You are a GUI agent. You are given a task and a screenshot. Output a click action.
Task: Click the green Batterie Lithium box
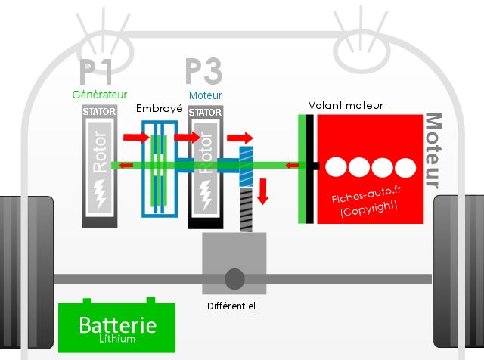point(116,327)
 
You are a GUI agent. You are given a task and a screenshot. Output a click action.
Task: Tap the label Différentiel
point(231,306)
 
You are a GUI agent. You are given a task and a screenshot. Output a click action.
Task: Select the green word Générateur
point(100,95)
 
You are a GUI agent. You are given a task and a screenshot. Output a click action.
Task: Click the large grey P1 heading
point(95,72)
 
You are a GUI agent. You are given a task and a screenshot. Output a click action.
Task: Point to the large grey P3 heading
point(204,71)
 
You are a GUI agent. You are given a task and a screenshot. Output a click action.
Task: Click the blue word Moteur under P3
point(206,95)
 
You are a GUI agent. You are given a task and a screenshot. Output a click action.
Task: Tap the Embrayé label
point(160,109)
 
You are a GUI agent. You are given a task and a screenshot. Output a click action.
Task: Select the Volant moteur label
point(346,106)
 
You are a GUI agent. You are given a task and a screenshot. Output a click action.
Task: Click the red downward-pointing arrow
point(263,191)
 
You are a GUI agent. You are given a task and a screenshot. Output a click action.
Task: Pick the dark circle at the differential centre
point(234,279)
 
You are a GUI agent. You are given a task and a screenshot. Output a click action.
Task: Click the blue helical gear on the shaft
point(246,166)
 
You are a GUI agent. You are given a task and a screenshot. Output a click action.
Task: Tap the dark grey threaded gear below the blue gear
point(246,210)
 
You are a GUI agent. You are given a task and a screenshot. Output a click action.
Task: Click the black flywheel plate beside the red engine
point(310,169)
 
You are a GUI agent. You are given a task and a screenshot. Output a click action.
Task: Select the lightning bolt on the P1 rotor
point(100,194)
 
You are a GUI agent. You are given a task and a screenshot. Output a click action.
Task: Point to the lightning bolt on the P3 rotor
point(206,195)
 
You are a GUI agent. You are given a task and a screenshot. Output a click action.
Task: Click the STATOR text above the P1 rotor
point(99,111)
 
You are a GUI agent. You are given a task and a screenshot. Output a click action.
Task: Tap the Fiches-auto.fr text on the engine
point(366,195)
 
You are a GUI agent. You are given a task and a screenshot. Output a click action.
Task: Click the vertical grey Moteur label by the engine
point(433,151)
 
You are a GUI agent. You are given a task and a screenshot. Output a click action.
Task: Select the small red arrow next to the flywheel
point(292,166)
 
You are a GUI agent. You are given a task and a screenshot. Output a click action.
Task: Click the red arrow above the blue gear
point(240,138)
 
